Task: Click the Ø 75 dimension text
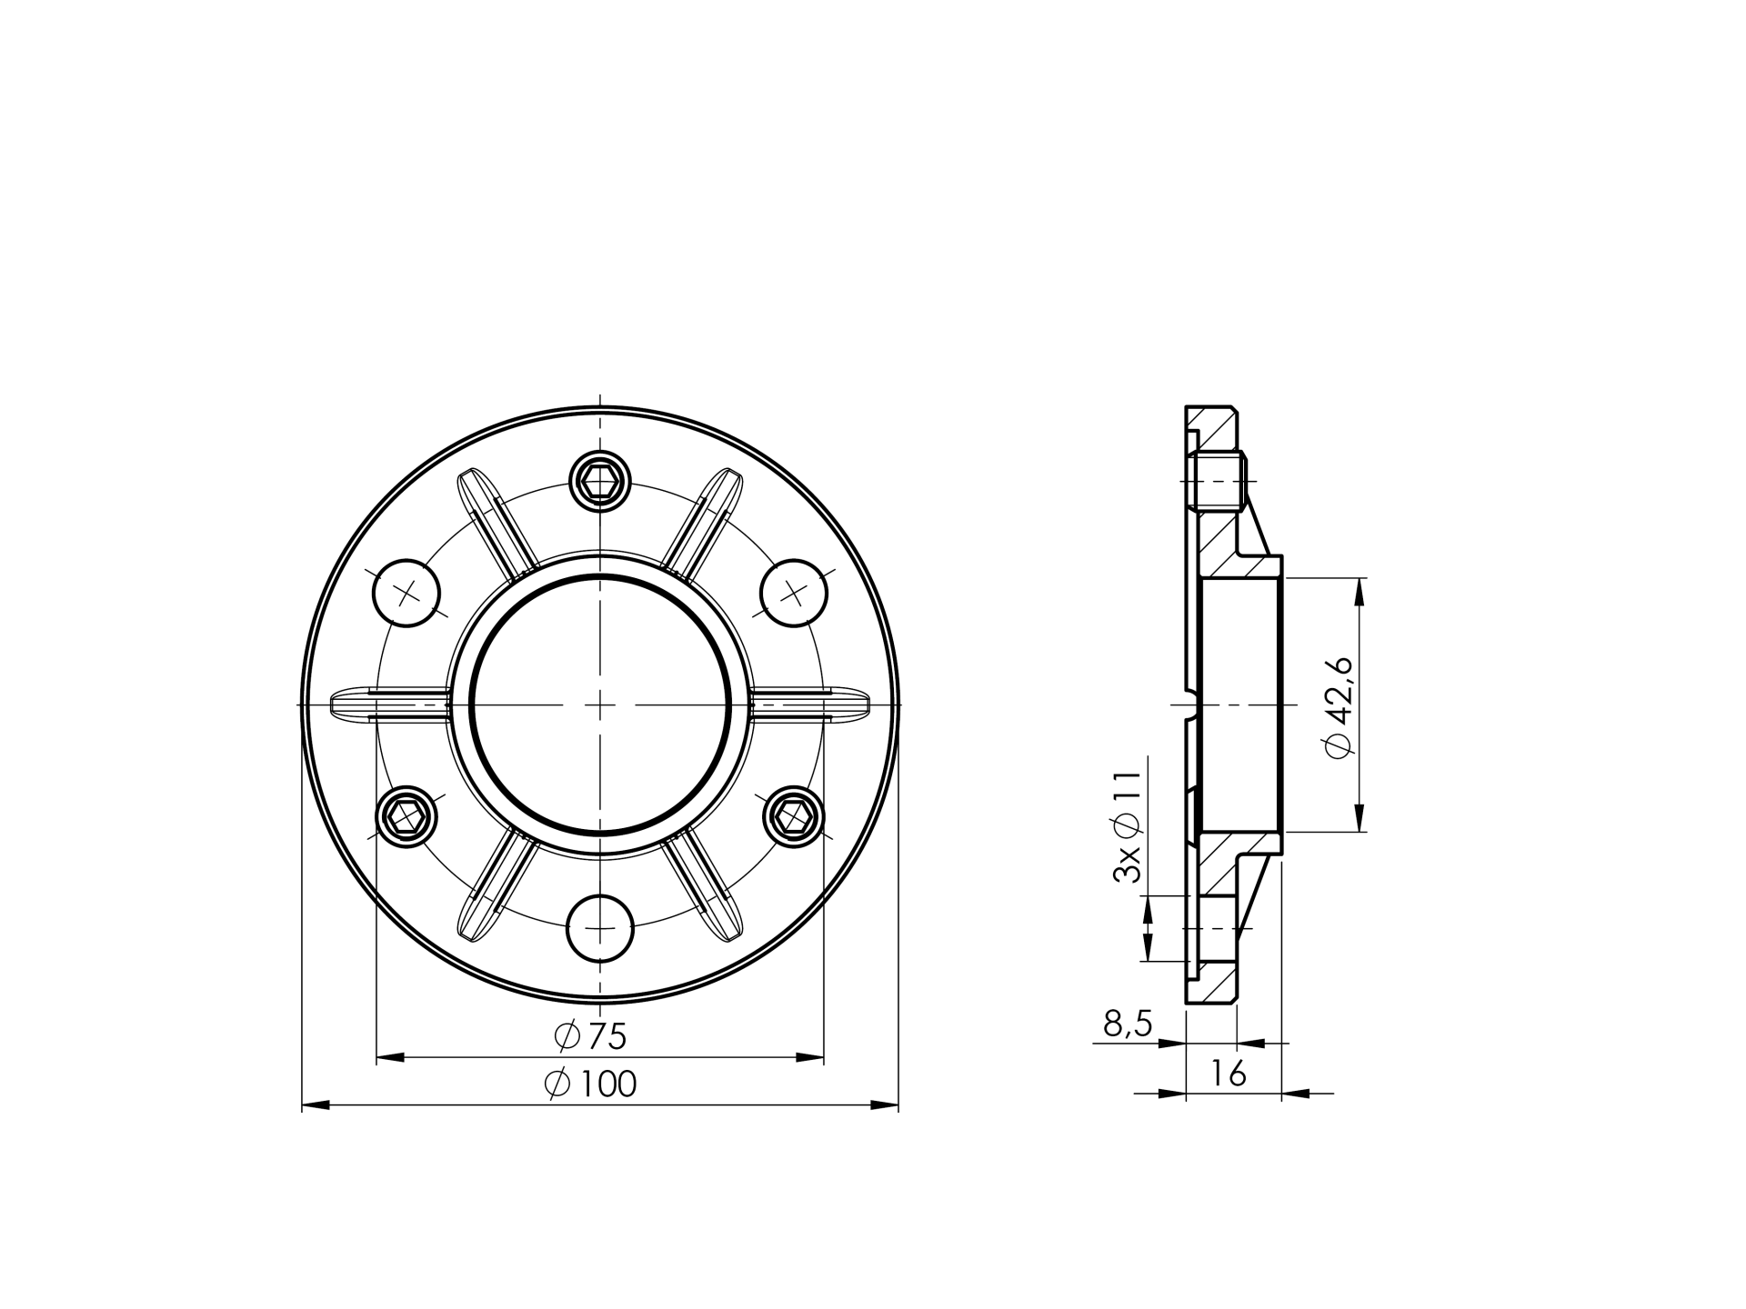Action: click(590, 1035)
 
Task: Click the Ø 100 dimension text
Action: click(590, 1084)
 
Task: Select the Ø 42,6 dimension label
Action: click(1340, 705)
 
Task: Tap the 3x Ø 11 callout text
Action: click(1127, 826)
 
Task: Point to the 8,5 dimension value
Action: click(1128, 1024)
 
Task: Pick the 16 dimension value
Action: click(1228, 1074)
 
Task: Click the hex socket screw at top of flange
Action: click(599, 481)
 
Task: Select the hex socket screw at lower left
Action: click(406, 816)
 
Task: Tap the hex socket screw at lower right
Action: click(793, 816)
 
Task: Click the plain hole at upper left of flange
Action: click(406, 593)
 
